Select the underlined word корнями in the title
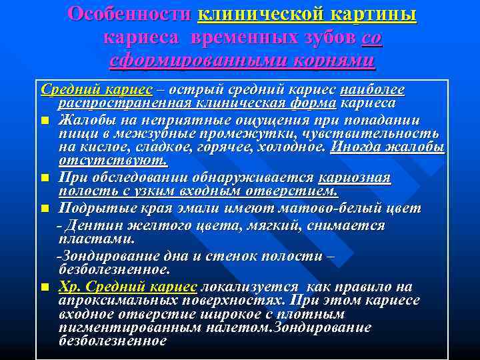point(331,62)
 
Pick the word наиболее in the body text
point(371,89)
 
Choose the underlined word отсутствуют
point(113,161)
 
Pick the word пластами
point(96,238)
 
